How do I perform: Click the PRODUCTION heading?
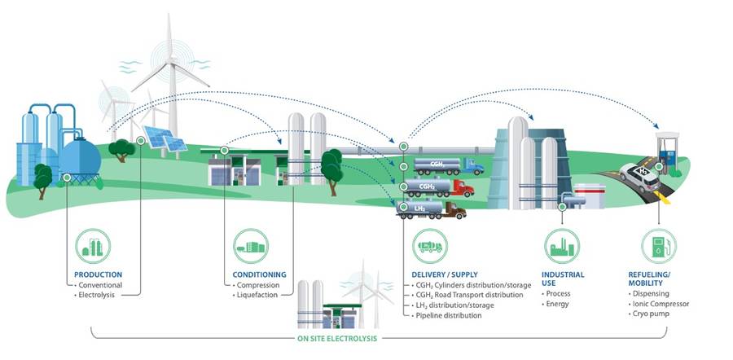pyautogui.click(x=98, y=275)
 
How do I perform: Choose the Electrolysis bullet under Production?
pyautogui.click(x=99, y=295)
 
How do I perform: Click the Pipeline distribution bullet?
pyautogui.click(x=449, y=314)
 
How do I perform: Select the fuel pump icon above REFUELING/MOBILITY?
pyautogui.click(x=658, y=246)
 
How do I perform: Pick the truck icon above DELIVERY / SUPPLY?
pyautogui.click(x=429, y=246)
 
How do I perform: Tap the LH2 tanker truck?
pyautogui.click(x=430, y=211)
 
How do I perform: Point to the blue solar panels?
pyautogui.click(x=164, y=139)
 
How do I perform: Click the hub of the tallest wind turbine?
pyautogui.click(x=169, y=61)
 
